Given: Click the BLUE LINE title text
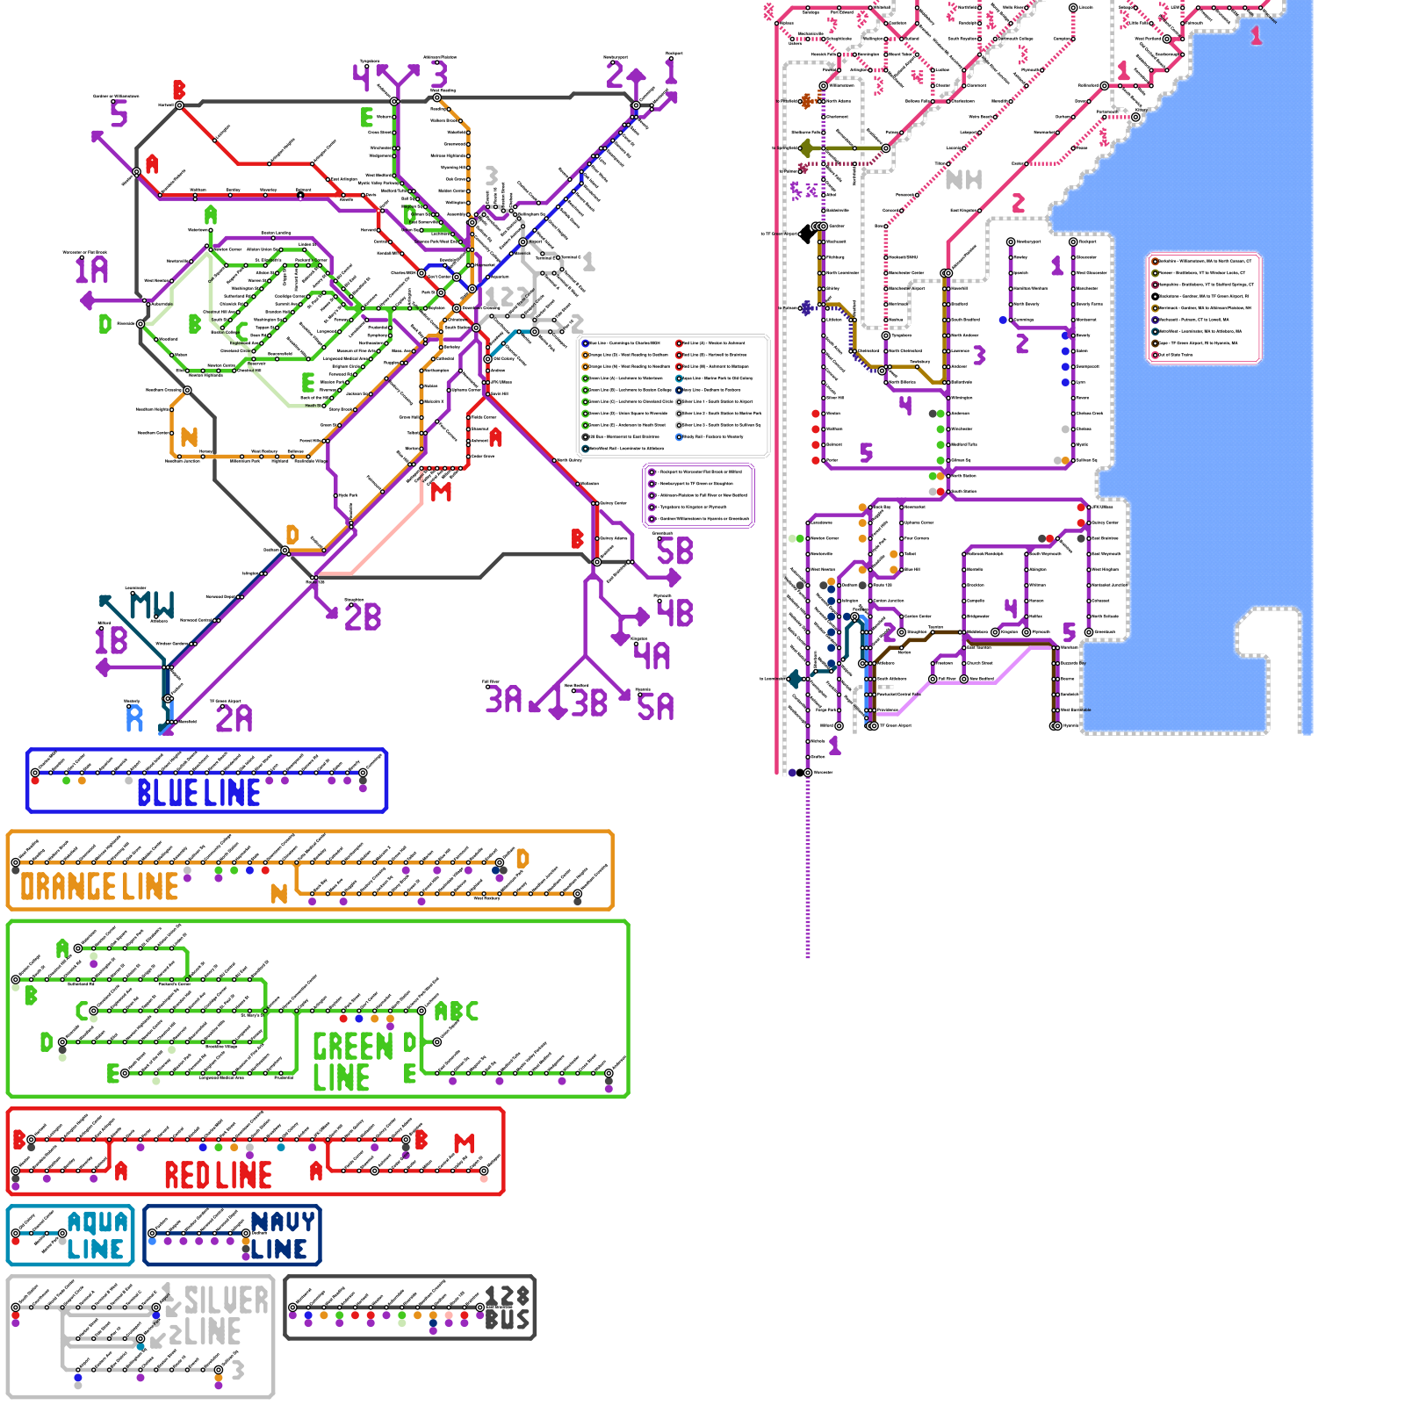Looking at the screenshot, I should [198, 793].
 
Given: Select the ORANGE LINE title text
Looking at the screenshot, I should [99, 887].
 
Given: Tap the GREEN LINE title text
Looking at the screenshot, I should [351, 1062].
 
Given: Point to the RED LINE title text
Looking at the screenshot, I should [218, 1175].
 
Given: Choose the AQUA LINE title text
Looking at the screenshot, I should [97, 1236].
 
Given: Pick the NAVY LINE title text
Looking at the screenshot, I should [281, 1236].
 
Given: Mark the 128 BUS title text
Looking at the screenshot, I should [508, 1308].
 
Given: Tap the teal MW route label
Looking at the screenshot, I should [152, 605].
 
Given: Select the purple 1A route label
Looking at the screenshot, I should [91, 270].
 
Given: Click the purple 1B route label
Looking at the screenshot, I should [112, 640].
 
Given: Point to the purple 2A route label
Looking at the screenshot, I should [234, 719].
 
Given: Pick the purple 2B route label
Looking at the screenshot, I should [363, 617].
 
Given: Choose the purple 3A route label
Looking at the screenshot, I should [503, 700].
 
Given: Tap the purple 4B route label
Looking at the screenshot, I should [674, 613].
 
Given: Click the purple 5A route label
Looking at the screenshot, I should [655, 707].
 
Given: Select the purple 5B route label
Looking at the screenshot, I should [674, 551].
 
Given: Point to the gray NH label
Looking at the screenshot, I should [963, 180].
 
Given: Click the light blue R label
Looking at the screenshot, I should [134, 719].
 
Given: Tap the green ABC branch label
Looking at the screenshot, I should [457, 1012].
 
